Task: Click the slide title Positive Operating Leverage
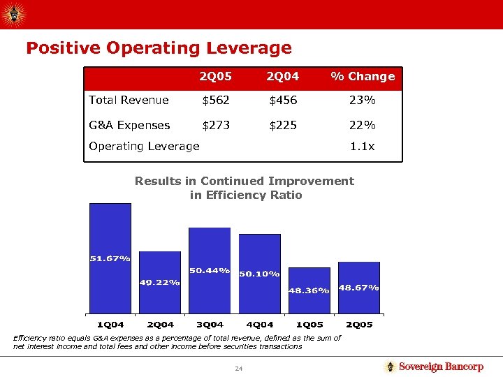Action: point(159,48)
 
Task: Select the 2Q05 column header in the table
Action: point(215,76)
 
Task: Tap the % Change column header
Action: point(363,76)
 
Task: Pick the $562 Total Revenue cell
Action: point(215,100)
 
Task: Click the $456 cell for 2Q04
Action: point(284,100)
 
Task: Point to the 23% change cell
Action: point(363,100)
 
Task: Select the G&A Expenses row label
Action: point(129,125)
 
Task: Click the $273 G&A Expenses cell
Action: point(215,125)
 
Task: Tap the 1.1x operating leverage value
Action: point(363,146)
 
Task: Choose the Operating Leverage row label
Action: point(144,146)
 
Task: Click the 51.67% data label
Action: point(110,259)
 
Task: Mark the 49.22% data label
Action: point(160,282)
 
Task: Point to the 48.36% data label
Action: point(309,290)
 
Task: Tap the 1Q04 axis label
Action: point(110,325)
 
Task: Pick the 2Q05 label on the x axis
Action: point(359,325)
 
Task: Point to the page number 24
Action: point(238,368)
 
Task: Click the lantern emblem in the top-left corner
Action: point(13,13)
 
